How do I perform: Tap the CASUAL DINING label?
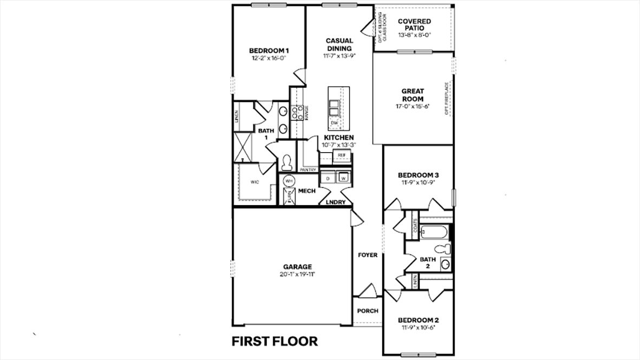coord(339,44)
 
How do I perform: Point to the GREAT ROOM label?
coord(413,95)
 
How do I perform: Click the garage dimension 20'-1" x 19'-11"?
coord(297,274)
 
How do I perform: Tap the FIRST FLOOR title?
coord(275,341)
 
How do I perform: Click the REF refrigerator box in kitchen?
coord(341,155)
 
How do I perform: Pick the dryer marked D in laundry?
coord(328,178)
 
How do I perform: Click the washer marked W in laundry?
coord(343,178)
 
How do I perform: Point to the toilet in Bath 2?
coord(444,248)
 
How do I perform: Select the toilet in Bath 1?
coord(287,161)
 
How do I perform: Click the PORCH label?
coord(367,311)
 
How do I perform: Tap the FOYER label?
coord(367,254)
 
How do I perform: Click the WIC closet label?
coord(254,182)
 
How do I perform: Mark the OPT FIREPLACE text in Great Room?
coord(447,99)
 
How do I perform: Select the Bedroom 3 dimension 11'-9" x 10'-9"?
coord(418,182)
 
